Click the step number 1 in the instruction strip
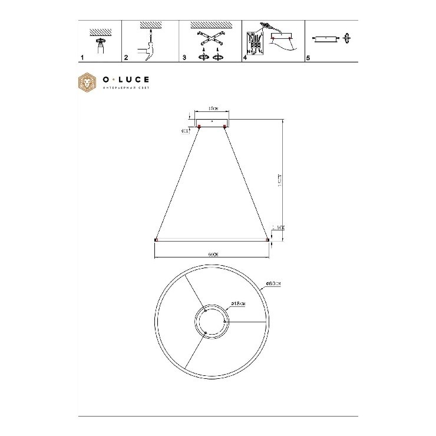(x=81, y=59)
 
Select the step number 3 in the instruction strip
(x=184, y=59)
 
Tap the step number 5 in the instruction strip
(x=308, y=59)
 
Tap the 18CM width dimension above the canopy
(x=213, y=109)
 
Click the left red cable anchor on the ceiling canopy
(x=200, y=126)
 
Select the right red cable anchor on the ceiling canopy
(x=225, y=126)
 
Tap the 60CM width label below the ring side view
(x=213, y=255)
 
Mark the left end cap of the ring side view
(x=156, y=240)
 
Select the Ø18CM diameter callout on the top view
(x=237, y=304)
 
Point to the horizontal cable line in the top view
(x=247, y=322)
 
